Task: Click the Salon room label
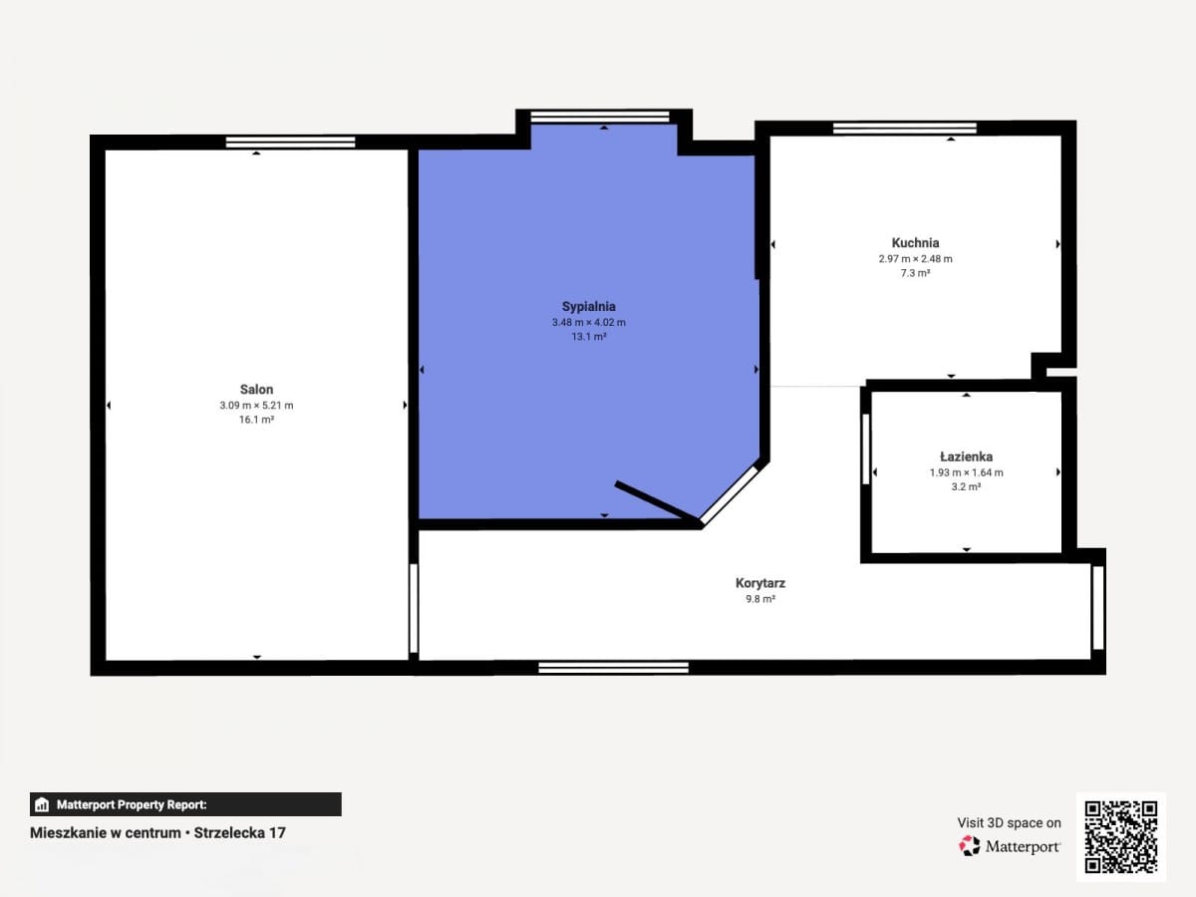tap(256, 390)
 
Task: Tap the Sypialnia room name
tap(588, 307)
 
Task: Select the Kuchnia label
tap(915, 243)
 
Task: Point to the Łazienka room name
tap(966, 456)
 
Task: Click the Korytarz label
tap(760, 583)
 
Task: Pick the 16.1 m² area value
tap(256, 420)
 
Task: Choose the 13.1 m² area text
tap(588, 337)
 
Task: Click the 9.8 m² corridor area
tap(760, 599)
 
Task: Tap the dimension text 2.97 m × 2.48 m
tap(915, 259)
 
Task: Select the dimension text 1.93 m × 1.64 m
tap(966, 472)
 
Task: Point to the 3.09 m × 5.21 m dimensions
tap(256, 406)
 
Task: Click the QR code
tap(1121, 836)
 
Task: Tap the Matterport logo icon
tap(970, 846)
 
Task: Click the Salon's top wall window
tap(290, 143)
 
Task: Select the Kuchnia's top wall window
tap(905, 129)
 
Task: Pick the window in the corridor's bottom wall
tap(614, 668)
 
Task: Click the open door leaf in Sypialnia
tap(658, 503)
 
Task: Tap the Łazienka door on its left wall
tap(865, 448)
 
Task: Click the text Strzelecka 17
tap(240, 833)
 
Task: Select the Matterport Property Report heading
tap(132, 804)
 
